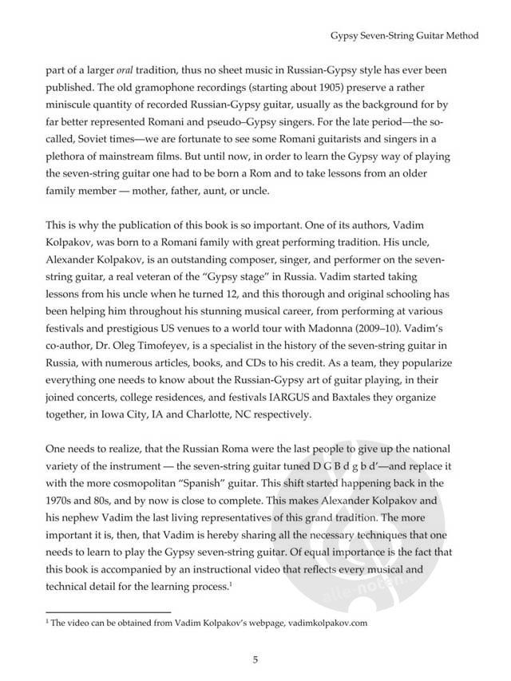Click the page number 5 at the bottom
255,659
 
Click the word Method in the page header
460,35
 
